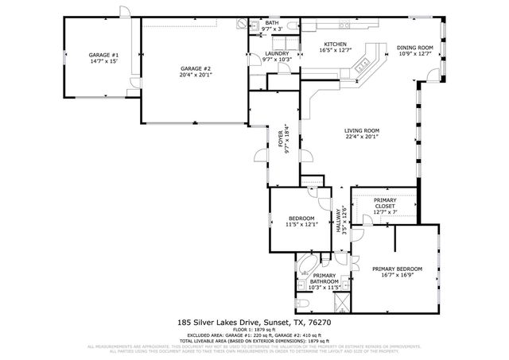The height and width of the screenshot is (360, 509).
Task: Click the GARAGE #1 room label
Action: pos(103,57)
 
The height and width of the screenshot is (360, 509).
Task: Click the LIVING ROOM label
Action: pos(361,134)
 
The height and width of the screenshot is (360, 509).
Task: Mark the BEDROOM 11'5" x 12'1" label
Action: pos(301,221)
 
